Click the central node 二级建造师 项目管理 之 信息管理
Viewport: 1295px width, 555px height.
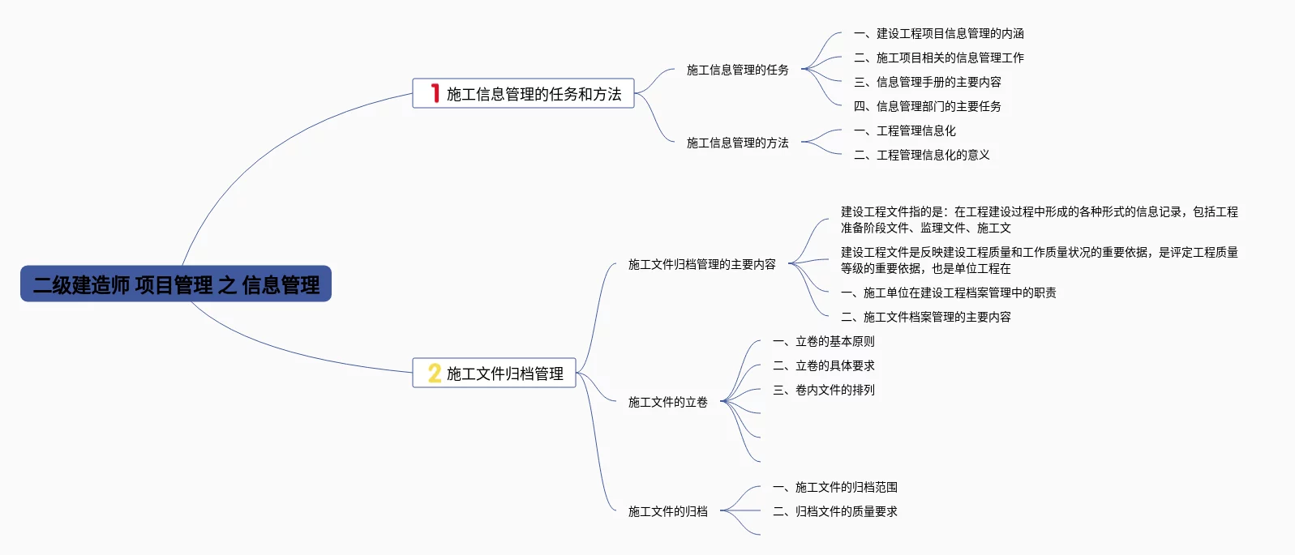point(176,284)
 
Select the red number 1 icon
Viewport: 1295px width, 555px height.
point(435,93)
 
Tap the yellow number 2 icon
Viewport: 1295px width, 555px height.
point(435,373)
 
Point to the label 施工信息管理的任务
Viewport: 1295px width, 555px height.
point(737,70)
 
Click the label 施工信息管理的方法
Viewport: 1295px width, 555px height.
point(737,143)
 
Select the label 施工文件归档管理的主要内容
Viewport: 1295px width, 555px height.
point(701,264)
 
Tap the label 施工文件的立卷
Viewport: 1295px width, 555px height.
point(667,402)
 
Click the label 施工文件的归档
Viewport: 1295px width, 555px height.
point(667,511)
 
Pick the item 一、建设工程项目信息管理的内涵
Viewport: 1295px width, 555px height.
point(938,33)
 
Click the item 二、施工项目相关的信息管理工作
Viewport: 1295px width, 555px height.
point(938,58)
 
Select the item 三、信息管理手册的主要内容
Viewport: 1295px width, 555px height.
point(927,82)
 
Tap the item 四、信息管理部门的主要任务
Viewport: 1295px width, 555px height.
point(927,106)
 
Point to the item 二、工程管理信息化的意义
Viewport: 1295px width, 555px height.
point(921,155)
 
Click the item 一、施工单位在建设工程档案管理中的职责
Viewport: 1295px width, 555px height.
point(948,292)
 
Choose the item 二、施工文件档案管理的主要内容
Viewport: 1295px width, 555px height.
point(925,317)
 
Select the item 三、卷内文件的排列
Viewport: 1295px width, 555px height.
point(823,390)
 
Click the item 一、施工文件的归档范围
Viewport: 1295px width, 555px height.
point(834,487)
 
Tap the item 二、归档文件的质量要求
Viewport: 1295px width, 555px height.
point(834,511)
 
